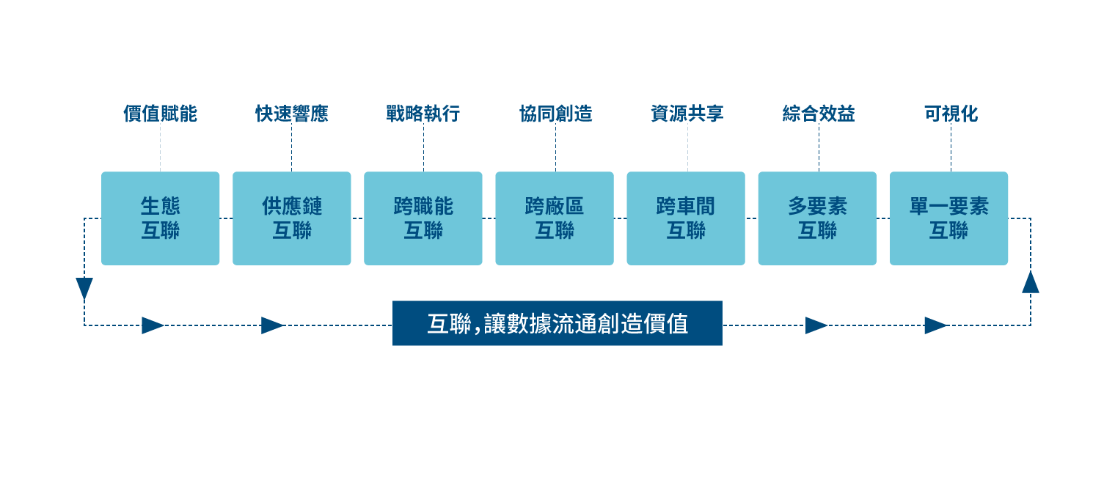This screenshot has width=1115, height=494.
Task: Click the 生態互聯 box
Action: pos(160,218)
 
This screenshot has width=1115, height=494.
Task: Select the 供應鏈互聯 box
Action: pos(291,218)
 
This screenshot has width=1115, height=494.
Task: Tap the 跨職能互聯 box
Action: pos(423,218)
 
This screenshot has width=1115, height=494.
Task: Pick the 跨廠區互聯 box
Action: pos(554,218)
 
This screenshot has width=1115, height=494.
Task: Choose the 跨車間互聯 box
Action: pos(685,218)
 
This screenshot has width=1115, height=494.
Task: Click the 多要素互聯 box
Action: pos(816,218)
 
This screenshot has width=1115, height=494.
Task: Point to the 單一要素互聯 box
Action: pos(948,218)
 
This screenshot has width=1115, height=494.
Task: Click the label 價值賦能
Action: pos(160,114)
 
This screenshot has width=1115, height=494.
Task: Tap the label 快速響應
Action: pos(291,114)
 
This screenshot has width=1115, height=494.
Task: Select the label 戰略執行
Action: pos(423,114)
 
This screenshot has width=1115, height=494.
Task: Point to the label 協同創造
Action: pos(555,114)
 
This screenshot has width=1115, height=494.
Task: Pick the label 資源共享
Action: pos(687,114)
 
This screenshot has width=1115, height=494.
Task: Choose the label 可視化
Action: pos(951,114)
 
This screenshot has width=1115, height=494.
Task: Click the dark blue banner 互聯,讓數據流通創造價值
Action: pos(557,323)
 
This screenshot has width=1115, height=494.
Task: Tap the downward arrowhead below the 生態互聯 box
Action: pos(84,288)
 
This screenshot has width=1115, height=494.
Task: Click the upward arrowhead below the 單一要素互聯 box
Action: pos(1031,282)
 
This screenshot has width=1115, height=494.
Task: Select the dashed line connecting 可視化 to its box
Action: pos(951,147)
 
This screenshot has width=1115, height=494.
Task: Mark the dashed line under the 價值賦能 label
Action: pos(160,147)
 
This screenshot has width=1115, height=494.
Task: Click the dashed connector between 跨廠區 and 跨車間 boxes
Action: pos(620,218)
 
